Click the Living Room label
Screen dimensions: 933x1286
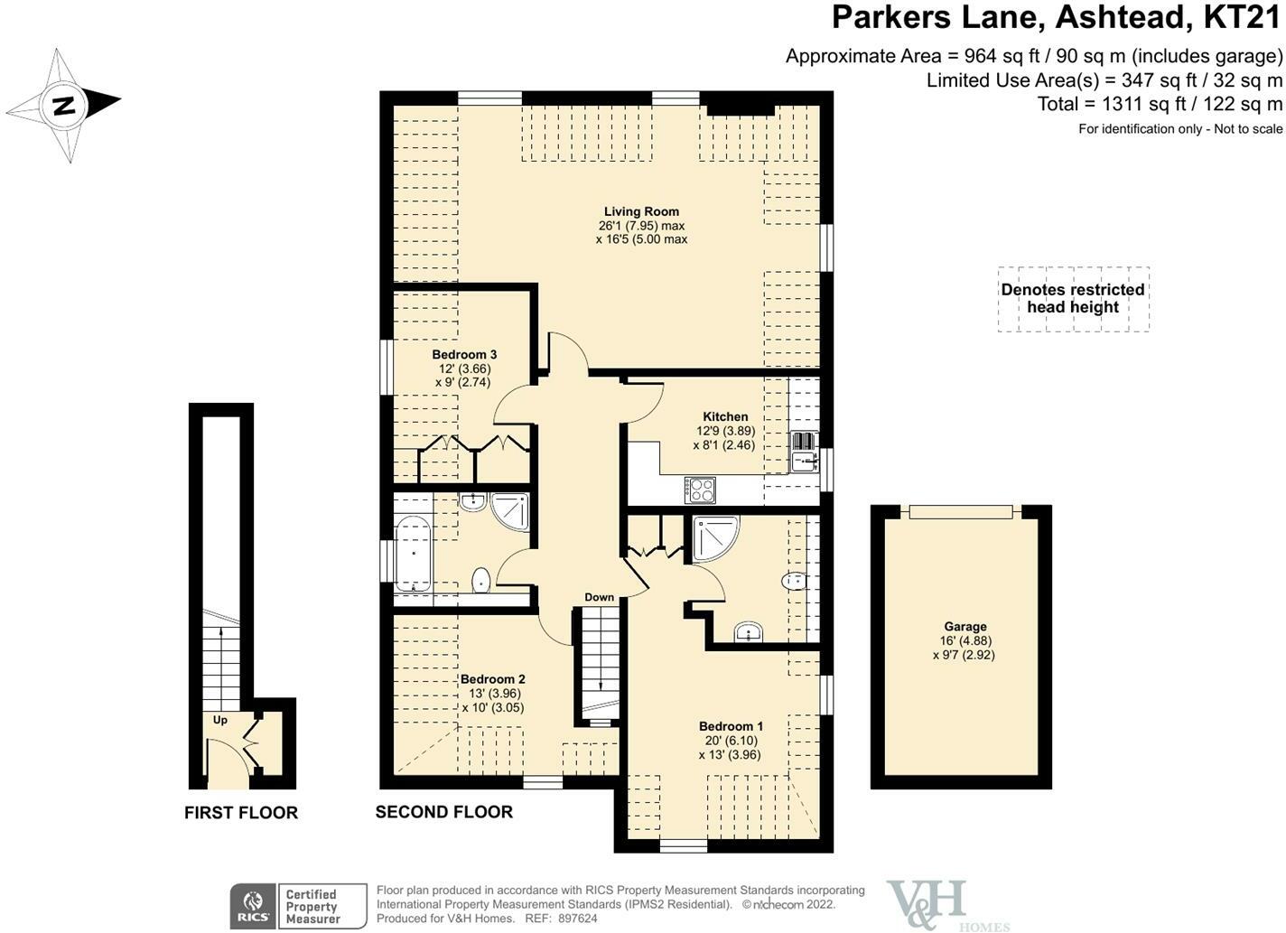[641, 212]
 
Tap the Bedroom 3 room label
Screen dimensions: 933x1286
[464, 355]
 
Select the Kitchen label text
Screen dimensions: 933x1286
[725, 417]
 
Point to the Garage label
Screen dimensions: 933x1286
[964, 627]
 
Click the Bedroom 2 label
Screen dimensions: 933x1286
[492, 680]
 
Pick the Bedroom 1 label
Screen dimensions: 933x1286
[731, 727]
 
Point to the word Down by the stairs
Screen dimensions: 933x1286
[599, 597]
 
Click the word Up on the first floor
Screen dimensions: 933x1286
[220, 720]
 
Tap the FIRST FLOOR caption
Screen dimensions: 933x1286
[241, 813]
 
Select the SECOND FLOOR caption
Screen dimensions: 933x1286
[443, 812]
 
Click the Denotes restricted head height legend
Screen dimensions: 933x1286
[1073, 299]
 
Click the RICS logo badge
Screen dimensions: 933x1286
[253, 906]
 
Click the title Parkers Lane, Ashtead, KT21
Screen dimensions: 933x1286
[1056, 18]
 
